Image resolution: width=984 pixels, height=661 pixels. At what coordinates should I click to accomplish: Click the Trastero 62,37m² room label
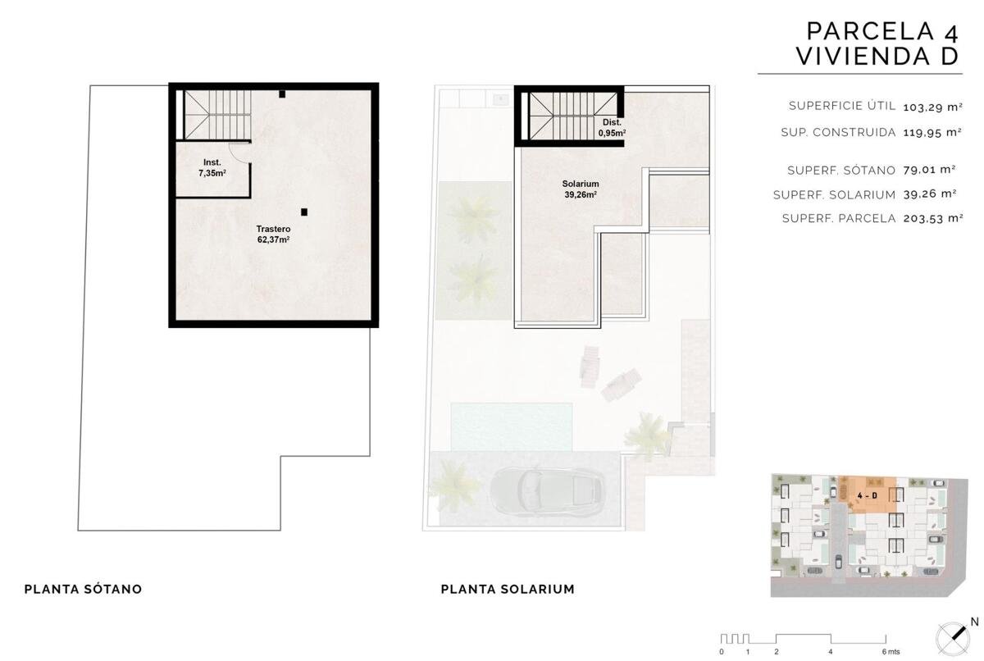click(273, 234)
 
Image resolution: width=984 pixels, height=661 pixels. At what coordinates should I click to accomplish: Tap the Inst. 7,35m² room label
click(212, 168)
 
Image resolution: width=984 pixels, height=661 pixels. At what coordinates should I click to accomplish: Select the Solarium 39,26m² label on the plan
click(581, 189)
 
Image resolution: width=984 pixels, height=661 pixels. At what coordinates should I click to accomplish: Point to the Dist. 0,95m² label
click(612, 127)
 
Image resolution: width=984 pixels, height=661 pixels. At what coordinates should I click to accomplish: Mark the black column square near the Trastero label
click(304, 212)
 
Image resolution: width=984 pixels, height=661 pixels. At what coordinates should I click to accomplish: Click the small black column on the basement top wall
click(282, 93)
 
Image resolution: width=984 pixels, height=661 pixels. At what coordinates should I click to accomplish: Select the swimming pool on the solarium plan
click(512, 427)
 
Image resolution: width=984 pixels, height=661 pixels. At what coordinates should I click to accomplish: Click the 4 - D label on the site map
click(868, 495)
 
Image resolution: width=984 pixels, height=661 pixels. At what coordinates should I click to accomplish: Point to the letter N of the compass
click(974, 622)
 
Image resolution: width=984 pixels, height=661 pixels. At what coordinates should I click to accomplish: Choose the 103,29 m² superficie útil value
click(932, 107)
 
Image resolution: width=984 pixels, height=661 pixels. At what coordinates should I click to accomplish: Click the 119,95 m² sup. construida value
click(932, 132)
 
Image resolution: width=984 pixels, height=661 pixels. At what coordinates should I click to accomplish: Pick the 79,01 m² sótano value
click(930, 170)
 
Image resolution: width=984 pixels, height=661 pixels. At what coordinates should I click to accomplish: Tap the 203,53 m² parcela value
click(933, 218)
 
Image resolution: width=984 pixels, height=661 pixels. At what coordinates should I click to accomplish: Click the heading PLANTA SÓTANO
click(83, 589)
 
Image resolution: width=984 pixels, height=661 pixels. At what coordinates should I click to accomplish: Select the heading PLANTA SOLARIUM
click(508, 589)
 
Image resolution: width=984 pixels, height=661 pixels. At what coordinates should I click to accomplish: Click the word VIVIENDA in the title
click(863, 57)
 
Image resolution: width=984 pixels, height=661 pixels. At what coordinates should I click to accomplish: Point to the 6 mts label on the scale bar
click(891, 652)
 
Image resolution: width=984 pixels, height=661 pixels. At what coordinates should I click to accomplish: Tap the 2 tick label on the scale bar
click(777, 652)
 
